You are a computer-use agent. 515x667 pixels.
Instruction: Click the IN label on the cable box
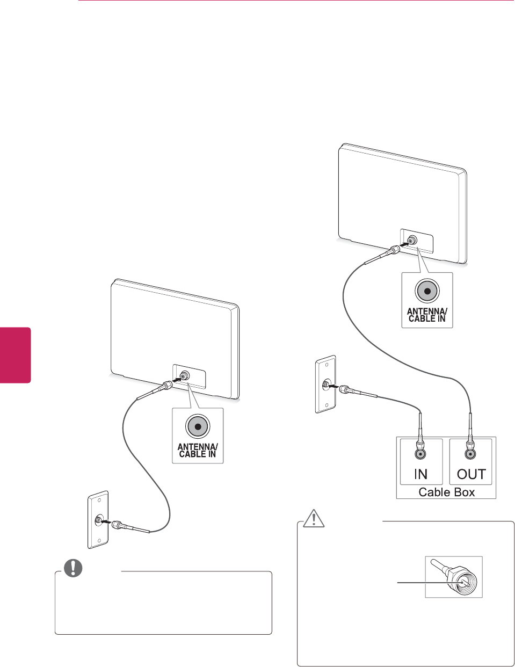click(x=420, y=474)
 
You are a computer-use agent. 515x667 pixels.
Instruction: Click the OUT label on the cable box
click(x=470, y=474)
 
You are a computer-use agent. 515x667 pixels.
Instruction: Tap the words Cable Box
click(x=446, y=492)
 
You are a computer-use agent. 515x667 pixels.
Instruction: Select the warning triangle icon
click(x=313, y=518)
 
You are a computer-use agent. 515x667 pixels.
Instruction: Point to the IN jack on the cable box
click(x=420, y=454)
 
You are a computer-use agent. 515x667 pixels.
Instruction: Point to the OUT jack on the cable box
click(x=470, y=454)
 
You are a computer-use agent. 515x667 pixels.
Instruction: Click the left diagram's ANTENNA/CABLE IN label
click(x=198, y=450)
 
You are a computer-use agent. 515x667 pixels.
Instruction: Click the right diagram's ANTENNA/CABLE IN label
click(x=427, y=315)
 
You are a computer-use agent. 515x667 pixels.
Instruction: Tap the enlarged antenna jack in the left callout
click(x=198, y=426)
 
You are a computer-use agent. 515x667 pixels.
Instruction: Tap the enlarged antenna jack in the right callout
click(x=427, y=291)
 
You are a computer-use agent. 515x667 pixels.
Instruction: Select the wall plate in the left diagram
click(x=98, y=520)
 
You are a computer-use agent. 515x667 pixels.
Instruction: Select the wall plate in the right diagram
click(x=325, y=385)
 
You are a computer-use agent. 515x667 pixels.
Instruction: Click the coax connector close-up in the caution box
click(x=454, y=577)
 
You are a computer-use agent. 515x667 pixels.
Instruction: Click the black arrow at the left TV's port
click(x=176, y=380)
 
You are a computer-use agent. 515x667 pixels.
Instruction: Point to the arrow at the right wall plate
click(x=334, y=386)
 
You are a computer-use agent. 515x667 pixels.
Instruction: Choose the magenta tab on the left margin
click(x=16, y=354)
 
